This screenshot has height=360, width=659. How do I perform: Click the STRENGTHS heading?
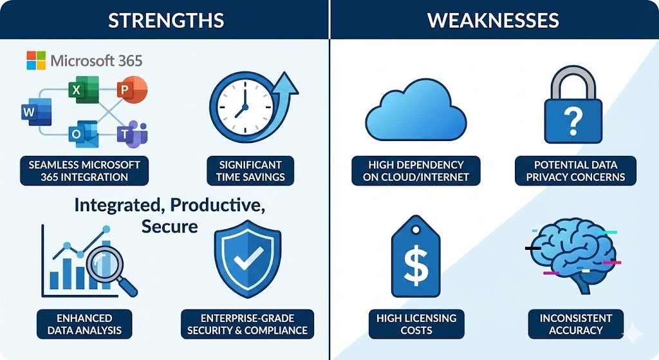[166, 20]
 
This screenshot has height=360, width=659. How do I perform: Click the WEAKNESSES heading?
[493, 20]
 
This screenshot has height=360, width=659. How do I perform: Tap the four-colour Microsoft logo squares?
[36, 61]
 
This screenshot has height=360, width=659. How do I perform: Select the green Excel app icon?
[84, 90]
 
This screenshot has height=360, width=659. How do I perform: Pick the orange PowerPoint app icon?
[132, 90]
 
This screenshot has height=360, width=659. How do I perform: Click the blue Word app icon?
[36, 112]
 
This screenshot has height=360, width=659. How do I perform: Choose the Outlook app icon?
[84, 134]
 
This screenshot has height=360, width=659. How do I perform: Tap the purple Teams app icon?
[132, 134]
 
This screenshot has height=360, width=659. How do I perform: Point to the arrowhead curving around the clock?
[286, 84]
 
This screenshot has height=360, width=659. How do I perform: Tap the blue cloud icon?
[416, 109]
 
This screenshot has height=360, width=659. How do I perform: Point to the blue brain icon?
[573, 256]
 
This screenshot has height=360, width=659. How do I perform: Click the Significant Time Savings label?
[250, 171]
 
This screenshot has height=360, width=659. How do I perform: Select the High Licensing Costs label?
[416, 324]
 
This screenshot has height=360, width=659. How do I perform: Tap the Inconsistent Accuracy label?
[576, 324]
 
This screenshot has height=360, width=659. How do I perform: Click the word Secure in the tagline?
[170, 226]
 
